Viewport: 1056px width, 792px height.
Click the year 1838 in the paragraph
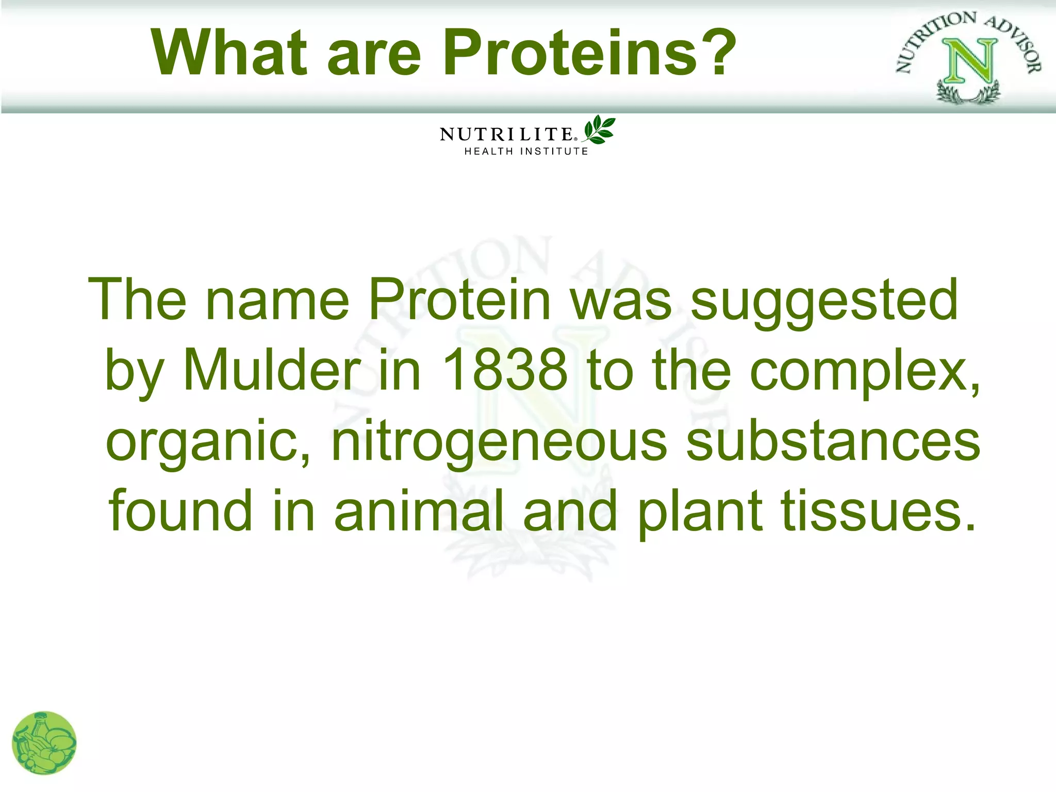(504, 370)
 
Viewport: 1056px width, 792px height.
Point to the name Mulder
(272, 370)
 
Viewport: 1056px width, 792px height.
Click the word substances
(833, 441)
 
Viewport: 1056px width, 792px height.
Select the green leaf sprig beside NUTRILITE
(599, 130)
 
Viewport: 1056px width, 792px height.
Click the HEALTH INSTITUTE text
(526, 152)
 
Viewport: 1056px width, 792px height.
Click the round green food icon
(44, 742)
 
